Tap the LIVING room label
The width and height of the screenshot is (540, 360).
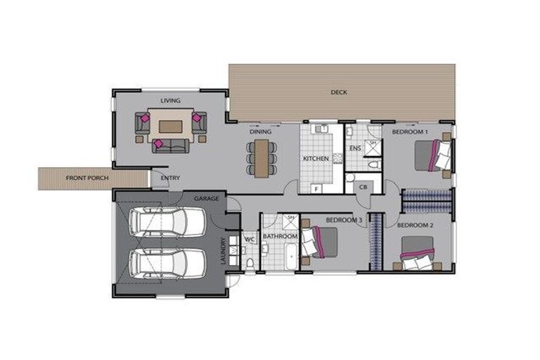click(170, 101)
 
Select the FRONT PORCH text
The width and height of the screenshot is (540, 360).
click(87, 179)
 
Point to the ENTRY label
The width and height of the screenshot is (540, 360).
click(170, 178)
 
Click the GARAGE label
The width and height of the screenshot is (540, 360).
click(207, 199)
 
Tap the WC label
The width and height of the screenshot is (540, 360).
click(248, 239)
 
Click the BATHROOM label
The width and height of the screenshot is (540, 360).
click(278, 237)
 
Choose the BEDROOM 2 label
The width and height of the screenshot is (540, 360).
click(415, 226)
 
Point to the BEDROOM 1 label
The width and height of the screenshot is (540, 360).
click(411, 132)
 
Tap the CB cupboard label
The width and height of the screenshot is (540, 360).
click(364, 187)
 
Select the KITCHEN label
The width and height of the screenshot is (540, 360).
click(316, 159)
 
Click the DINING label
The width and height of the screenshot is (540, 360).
click(261, 131)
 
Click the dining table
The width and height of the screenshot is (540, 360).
click(261, 158)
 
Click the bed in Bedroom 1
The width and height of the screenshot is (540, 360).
click(430, 155)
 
